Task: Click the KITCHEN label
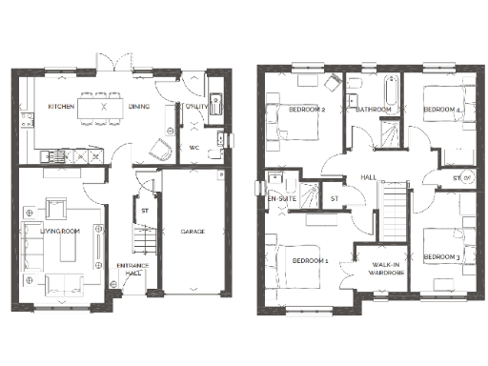(62, 108)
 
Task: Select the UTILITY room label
(197, 108)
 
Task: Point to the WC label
(193, 148)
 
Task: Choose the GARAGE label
(193, 232)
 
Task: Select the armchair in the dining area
(161, 148)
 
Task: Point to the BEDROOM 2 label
(309, 110)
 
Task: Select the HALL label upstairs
(368, 177)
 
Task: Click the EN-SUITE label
(281, 198)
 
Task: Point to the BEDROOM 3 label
(442, 256)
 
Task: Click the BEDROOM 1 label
(310, 260)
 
